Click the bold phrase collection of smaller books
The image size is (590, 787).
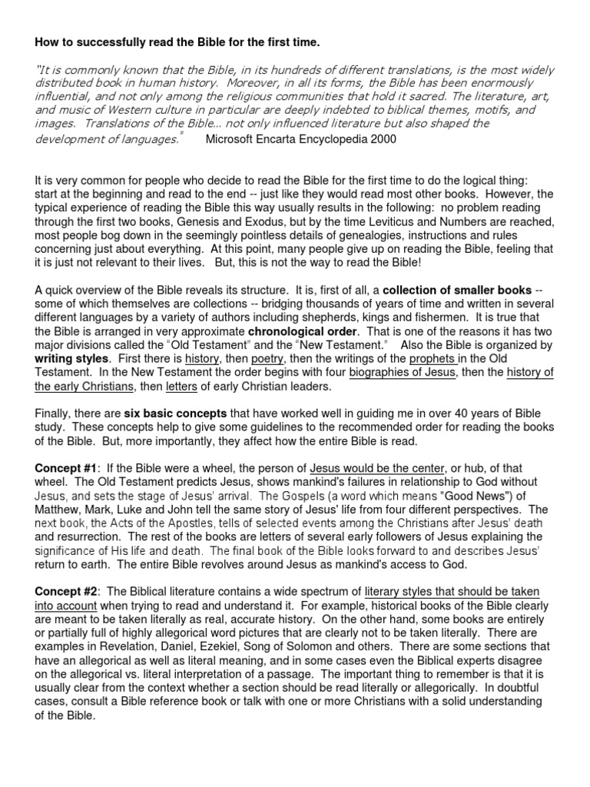[x=456, y=290]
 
